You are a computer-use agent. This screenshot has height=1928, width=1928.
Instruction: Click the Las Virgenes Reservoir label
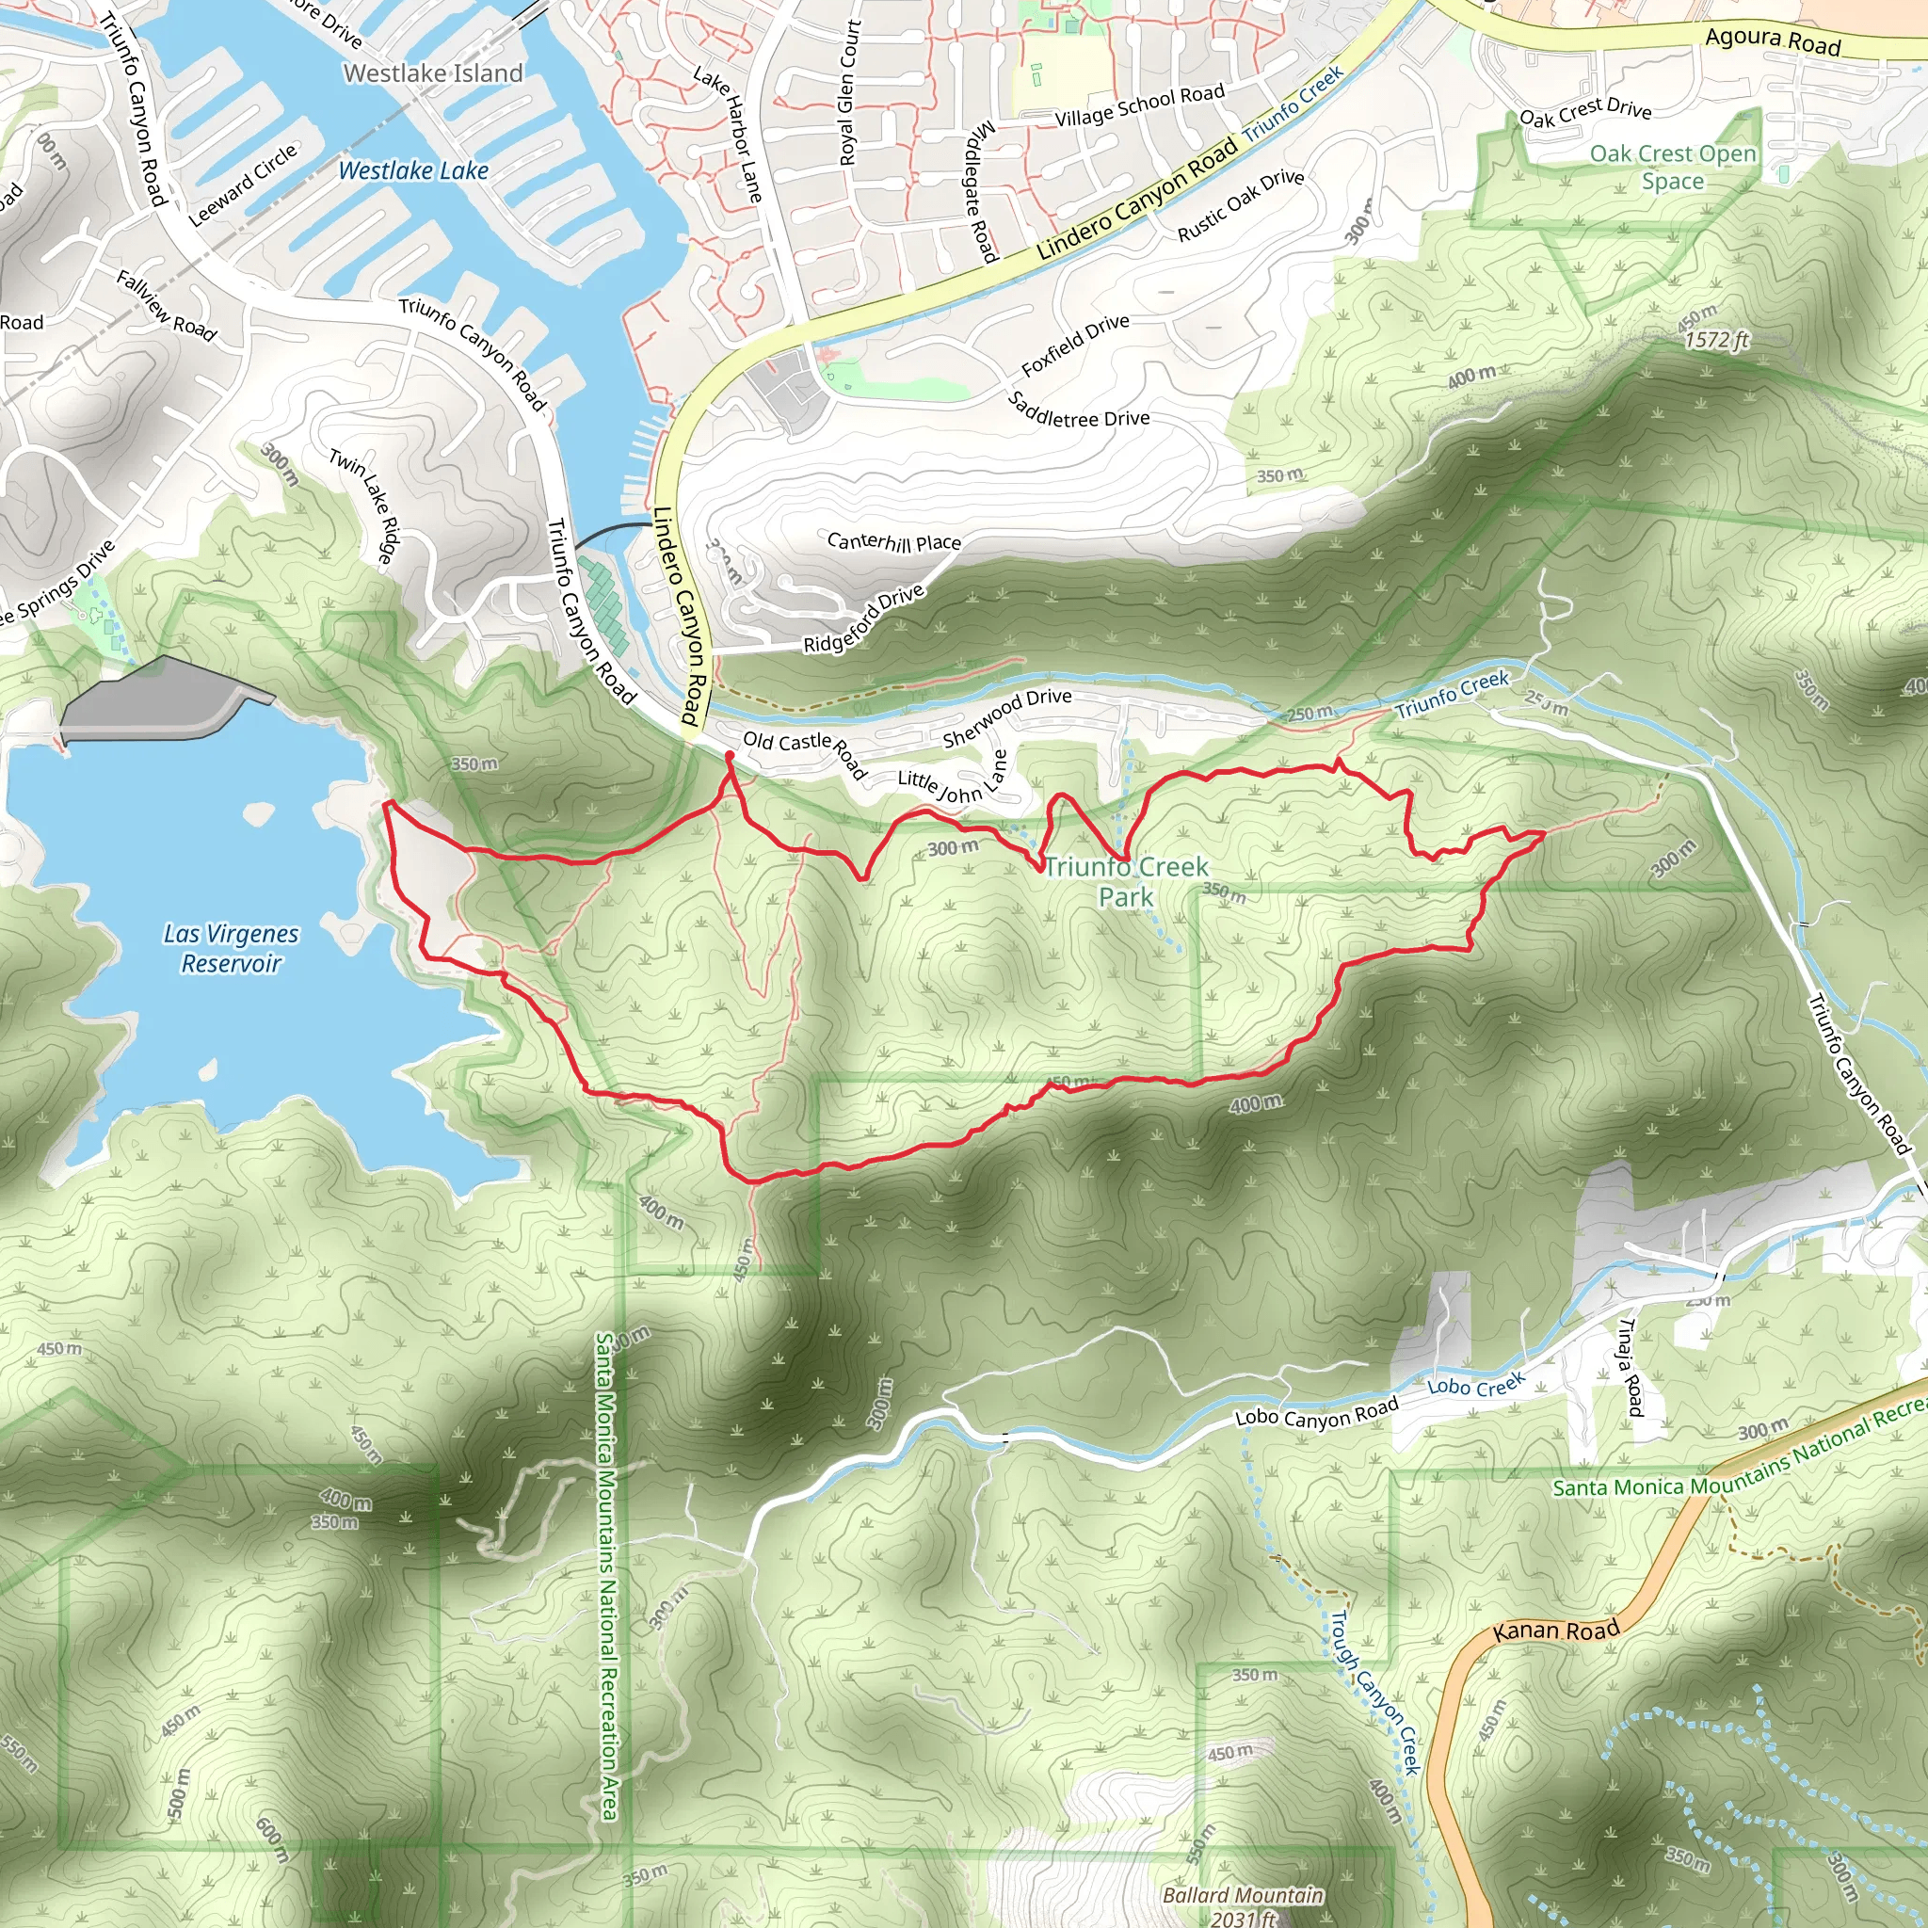pos(231,948)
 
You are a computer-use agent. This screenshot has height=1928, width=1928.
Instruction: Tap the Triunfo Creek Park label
pos(1126,881)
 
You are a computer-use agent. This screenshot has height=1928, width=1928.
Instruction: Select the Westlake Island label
pos(433,72)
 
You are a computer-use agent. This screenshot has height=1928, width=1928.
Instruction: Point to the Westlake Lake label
pos(413,170)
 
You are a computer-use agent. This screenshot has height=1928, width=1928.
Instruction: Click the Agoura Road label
pos(1773,39)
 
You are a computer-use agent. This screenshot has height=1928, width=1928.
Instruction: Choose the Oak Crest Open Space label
pos(1673,168)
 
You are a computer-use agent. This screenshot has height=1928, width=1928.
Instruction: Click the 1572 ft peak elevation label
pos(1716,339)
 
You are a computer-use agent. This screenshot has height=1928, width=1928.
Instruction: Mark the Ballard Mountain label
pos(1244,1894)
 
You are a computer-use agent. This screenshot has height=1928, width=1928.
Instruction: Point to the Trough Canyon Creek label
pos(1375,1693)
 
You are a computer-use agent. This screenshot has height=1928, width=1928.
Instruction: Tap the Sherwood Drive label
pos(1007,716)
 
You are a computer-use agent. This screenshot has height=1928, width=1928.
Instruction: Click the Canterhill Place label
pos(894,542)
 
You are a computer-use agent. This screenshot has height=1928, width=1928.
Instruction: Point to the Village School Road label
pos(1140,105)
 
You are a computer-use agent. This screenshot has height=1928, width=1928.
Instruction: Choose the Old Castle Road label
pos(804,753)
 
